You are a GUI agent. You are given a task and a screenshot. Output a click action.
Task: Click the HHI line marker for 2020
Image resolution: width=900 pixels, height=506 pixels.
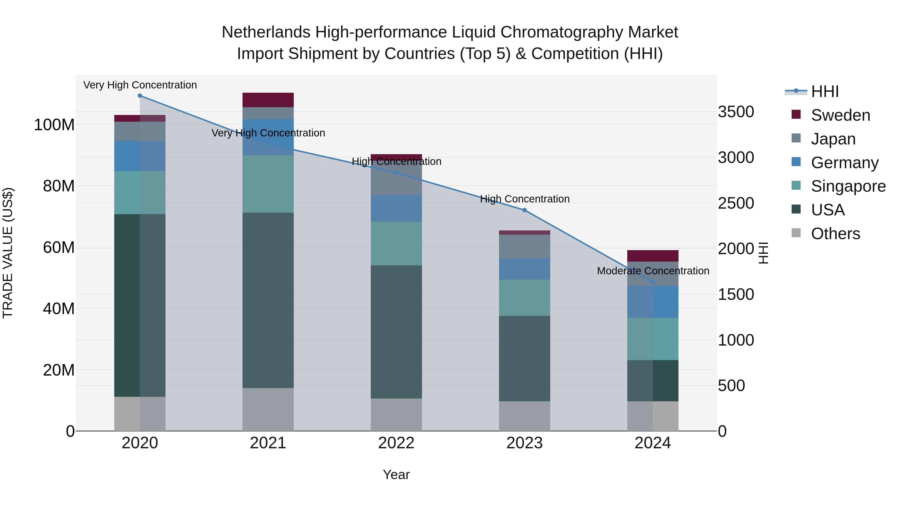pyautogui.click(x=140, y=96)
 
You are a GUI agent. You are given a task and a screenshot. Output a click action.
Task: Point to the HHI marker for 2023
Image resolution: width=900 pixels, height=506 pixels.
pyautogui.click(x=524, y=210)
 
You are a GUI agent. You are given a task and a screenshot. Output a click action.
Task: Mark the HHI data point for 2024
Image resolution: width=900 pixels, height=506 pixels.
pyautogui.click(x=653, y=282)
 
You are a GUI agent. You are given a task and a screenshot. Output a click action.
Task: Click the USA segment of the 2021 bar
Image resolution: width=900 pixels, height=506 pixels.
pyautogui.click(x=268, y=300)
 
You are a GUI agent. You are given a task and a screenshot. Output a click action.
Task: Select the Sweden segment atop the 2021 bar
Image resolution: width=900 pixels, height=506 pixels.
pyautogui.click(x=268, y=100)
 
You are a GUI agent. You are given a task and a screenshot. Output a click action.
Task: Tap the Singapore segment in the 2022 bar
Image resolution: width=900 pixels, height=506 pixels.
pyautogui.click(x=396, y=243)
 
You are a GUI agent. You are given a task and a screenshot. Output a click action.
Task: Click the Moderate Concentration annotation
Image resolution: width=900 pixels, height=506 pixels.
pyautogui.click(x=653, y=271)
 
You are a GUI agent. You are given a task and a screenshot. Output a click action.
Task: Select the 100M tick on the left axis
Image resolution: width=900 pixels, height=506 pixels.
pyautogui.click(x=54, y=125)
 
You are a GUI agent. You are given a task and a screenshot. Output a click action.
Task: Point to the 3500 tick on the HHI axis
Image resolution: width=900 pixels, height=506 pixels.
pyautogui.click(x=736, y=112)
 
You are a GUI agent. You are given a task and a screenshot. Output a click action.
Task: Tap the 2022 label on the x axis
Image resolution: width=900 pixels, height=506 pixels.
pyautogui.click(x=396, y=443)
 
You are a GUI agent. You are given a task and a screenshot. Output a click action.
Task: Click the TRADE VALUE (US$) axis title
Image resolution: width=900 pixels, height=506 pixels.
pyautogui.click(x=8, y=253)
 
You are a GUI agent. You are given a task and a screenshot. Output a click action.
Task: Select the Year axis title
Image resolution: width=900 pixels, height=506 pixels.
pyautogui.click(x=396, y=475)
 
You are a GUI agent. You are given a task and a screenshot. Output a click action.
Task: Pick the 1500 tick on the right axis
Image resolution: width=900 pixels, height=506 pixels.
pyautogui.click(x=736, y=294)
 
